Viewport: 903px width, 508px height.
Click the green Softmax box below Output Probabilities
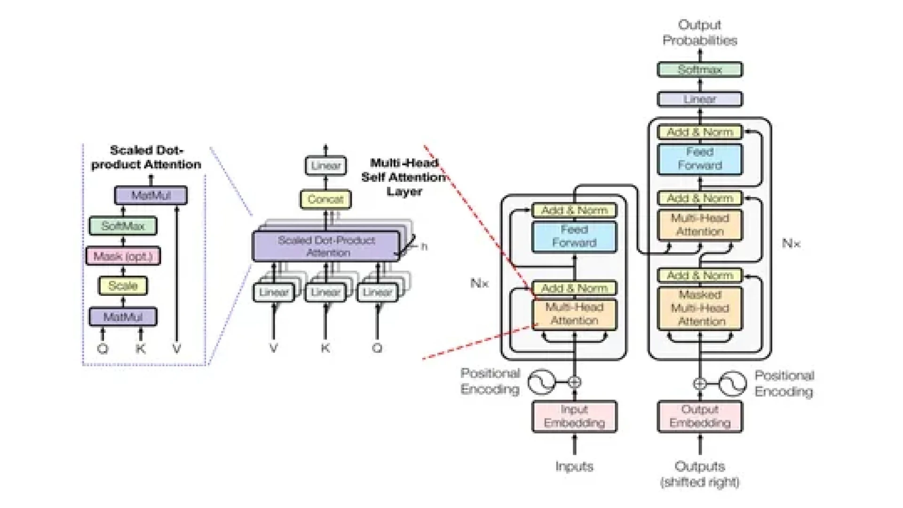coord(699,70)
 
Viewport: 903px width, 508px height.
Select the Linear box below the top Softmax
coord(699,99)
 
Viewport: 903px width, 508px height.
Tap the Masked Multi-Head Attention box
coord(699,308)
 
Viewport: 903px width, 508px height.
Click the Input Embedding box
coord(574,416)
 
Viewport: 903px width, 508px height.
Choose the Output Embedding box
coord(699,416)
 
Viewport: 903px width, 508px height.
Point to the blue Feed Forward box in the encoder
coord(574,236)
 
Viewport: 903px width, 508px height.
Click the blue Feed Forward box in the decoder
coord(699,159)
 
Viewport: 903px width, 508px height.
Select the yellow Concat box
coord(325,199)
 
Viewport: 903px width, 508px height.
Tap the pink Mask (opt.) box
coord(123,256)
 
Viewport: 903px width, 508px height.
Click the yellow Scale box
coord(123,286)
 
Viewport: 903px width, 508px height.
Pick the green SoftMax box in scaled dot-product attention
coord(123,226)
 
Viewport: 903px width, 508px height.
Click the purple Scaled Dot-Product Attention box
coord(326,246)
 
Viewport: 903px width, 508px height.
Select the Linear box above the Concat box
coord(325,166)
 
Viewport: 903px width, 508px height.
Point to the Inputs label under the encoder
coord(574,467)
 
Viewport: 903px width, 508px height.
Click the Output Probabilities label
coord(699,32)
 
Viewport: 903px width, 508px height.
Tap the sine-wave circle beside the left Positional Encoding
coord(541,382)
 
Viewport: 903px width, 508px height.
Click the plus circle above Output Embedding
coord(699,383)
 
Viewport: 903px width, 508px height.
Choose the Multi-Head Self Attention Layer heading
coord(404,177)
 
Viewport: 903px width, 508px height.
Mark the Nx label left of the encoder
coord(479,283)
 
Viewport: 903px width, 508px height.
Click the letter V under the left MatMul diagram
coord(176,349)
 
